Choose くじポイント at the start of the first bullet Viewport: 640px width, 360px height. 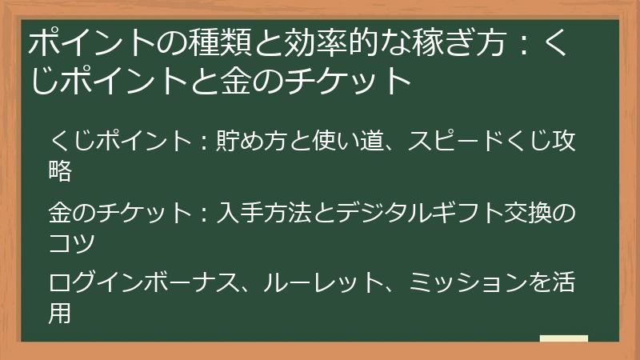(x=119, y=142)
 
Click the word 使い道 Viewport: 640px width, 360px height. (x=347, y=142)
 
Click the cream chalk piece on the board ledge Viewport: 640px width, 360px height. (x=564, y=338)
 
